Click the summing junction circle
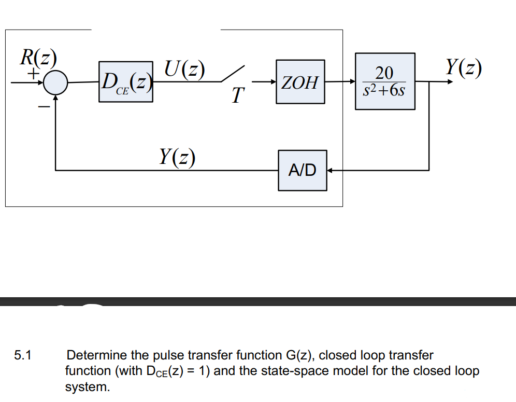tap(55, 82)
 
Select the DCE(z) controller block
tap(126, 81)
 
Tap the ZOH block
tap(300, 81)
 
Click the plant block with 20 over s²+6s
tap(385, 81)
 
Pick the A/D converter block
tap(303, 170)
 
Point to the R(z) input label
tap(38, 57)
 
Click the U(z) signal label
tap(184, 68)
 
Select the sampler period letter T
tap(237, 95)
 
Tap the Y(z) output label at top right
tap(464, 67)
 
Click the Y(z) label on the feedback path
tap(178, 156)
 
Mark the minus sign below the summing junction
tap(44, 107)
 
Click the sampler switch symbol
tap(233, 74)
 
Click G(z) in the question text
tap(300, 355)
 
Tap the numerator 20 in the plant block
tap(384, 72)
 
